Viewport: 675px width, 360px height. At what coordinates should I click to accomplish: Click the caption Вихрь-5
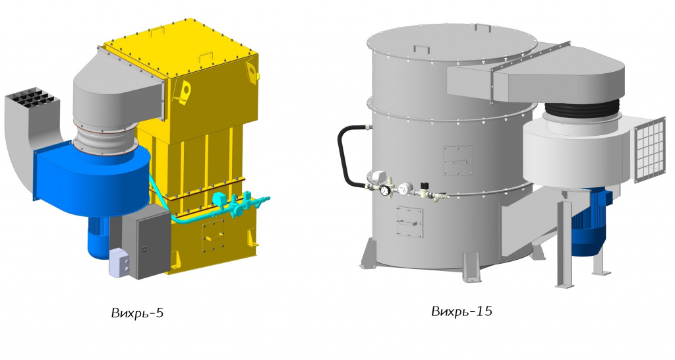tap(137, 313)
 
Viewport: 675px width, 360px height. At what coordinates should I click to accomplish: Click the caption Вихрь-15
tap(461, 311)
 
